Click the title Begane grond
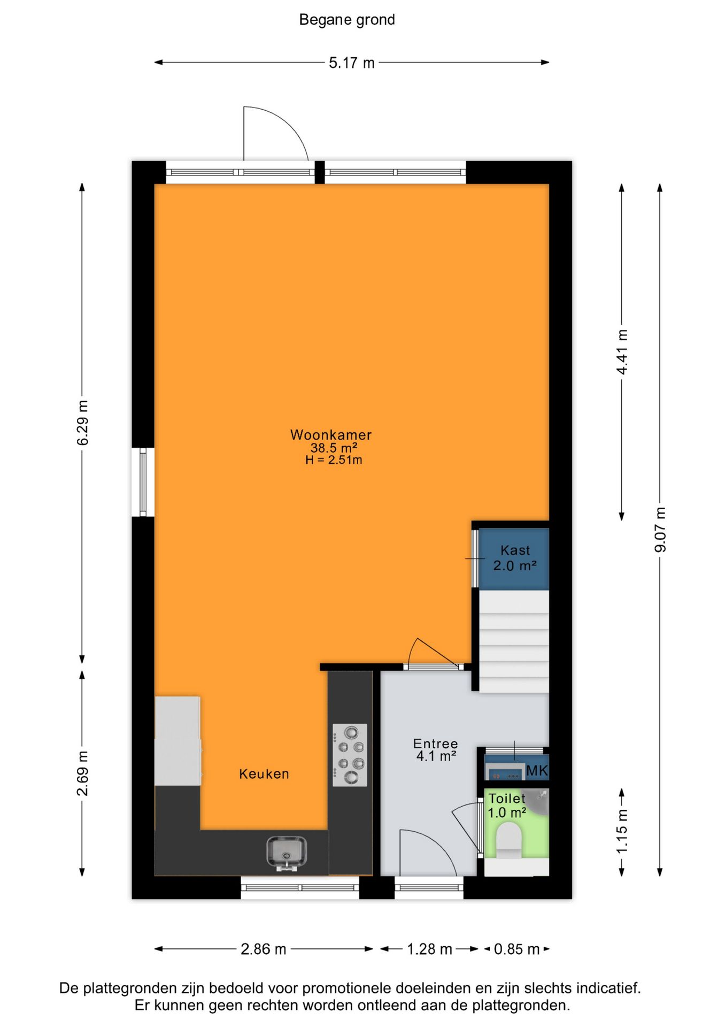tap(347, 20)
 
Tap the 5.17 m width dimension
tap(352, 63)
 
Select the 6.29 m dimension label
tap(83, 423)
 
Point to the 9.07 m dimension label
tap(660, 530)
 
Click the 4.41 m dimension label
tap(622, 352)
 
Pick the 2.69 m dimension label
tap(83, 773)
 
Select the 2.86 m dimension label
tap(264, 949)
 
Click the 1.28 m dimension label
tap(430, 949)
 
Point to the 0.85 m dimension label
tap(516, 949)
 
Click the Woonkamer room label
tap(331, 435)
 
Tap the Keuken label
tap(264, 774)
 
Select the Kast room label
tap(515, 550)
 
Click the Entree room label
tap(436, 744)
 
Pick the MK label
tap(537, 771)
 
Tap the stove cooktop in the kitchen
tap(350, 755)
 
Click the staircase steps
tap(514, 641)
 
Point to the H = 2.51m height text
tap(334, 460)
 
